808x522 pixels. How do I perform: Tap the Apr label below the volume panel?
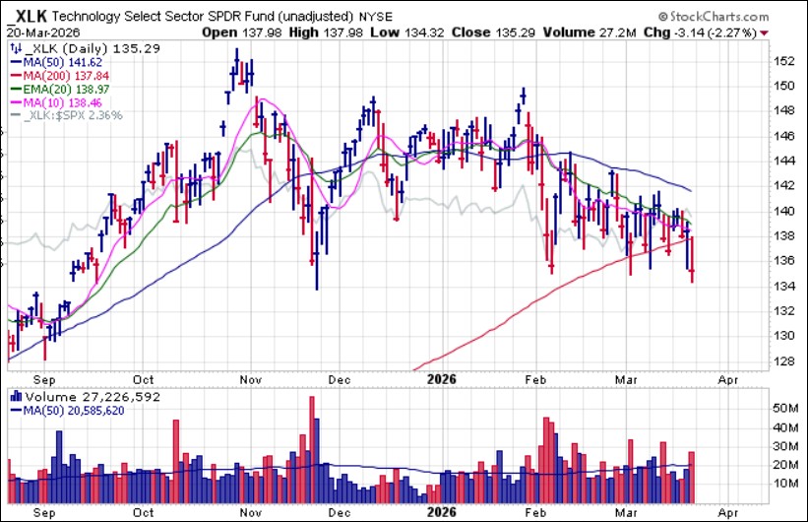pyautogui.click(x=727, y=511)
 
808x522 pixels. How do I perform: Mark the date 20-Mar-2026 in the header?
pyautogui.click(x=46, y=31)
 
